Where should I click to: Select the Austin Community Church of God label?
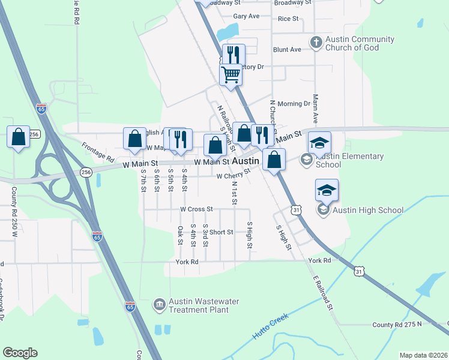point(360,43)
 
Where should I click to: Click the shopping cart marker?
point(231,75)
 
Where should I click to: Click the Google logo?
point(20,353)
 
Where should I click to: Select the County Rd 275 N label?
point(397,325)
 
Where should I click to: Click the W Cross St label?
point(196,209)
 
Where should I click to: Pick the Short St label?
point(221,232)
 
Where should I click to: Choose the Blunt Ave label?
point(286,50)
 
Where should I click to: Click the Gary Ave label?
point(246,16)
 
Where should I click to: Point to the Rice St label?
point(288,19)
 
